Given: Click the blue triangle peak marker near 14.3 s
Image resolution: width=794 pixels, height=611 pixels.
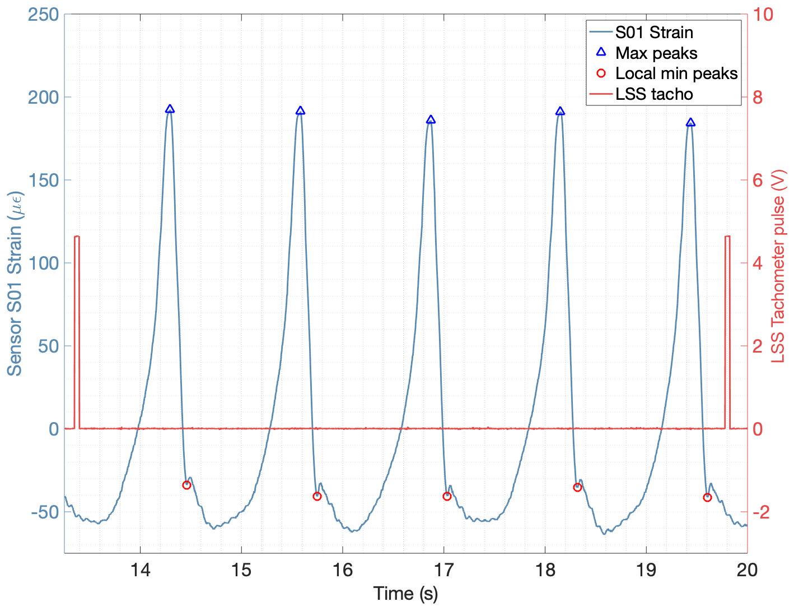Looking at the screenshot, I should [170, 109].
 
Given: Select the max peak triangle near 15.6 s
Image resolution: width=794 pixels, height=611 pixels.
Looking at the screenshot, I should [300, 111].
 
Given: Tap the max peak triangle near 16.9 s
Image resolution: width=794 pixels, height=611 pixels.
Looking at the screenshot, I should [431, 120].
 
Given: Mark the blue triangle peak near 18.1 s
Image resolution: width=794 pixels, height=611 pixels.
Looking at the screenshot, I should [560, 112].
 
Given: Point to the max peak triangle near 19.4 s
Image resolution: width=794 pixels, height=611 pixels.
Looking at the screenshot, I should [690, 123].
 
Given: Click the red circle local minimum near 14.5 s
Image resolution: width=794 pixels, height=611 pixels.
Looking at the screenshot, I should [187, 485].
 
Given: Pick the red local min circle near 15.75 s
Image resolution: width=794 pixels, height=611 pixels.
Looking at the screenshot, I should [317, 496].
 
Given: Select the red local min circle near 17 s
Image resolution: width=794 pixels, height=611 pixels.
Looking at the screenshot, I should [447, 496].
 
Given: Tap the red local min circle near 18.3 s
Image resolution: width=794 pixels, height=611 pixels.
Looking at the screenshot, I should [577, 487].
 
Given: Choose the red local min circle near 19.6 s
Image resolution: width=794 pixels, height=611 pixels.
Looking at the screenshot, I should [707, 497].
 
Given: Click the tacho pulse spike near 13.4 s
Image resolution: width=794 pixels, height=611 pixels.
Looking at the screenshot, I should [77, 331].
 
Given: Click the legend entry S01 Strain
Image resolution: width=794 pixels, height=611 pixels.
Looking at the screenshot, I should [654, 33].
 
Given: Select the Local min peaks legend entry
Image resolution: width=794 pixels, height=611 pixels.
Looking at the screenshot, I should [676, 73].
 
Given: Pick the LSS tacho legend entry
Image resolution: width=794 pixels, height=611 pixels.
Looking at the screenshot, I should [654, 94].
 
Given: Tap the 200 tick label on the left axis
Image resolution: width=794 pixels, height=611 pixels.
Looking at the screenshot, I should [44, 97].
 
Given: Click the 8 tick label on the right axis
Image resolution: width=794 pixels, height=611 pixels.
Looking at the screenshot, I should [757, 97].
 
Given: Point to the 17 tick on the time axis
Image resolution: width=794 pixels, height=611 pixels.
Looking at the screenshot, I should [444, 570].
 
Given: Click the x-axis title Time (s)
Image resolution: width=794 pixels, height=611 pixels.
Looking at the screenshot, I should [405, 594].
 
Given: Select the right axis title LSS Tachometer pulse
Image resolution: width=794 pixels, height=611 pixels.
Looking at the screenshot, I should [779, 266].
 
